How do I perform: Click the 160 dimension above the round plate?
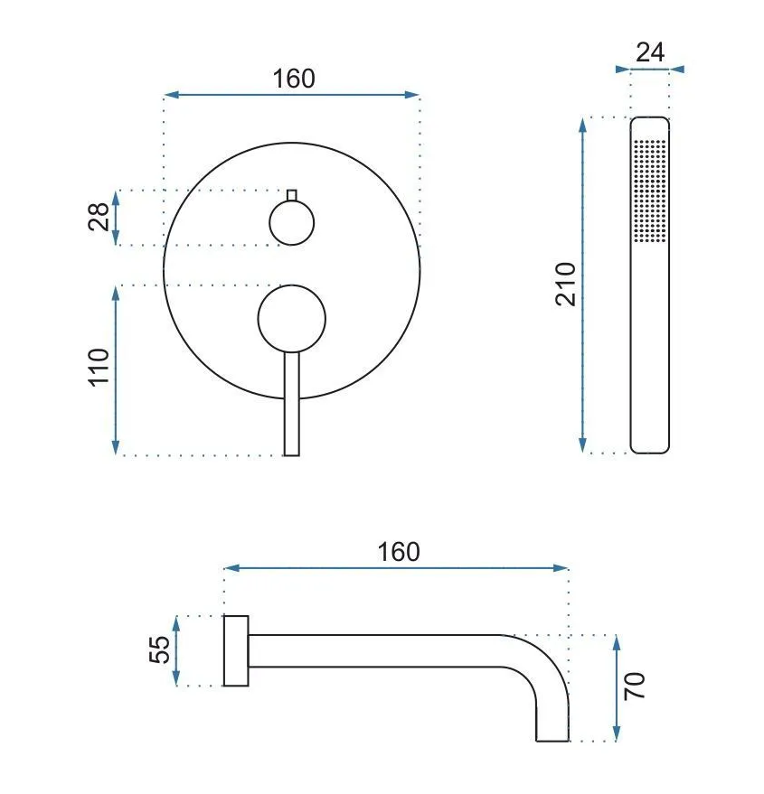pyautogui.click(x=294, y=79)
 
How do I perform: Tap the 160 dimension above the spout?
pyautogui.click(x=399, y=552)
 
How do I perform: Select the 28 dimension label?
pyautogui.click(x=99, y=217)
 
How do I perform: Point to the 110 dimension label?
pyautogui.click(x=99, y=367)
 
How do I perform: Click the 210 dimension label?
pyautogui.click(x=566, y=284)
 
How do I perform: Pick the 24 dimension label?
pyautogui.click(x=650, y=52)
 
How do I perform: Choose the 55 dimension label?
pyautogui.click(x=160, y=649)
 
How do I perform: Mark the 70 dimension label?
pyautogui.click(x=634, y=687)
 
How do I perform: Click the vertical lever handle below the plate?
pyautogui.click(x=291, y=404)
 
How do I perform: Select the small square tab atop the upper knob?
pyautogui.click(x=291, y=195)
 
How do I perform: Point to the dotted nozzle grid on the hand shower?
pyautogui.click(x=649, y=191)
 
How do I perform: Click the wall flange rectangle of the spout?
pyautogui.click(x=236, y=650)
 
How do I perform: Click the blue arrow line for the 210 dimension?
pyautogui.click(x=583, y=285)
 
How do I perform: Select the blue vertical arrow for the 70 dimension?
pyautogui.click(x=617, y=687)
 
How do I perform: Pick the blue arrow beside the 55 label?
pyautogui.click(x=176, y=650)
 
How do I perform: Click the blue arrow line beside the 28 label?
pyautogui.click(x=116, y=218)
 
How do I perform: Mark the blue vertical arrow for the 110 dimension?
pyautogui.click(x=116, y=370)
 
